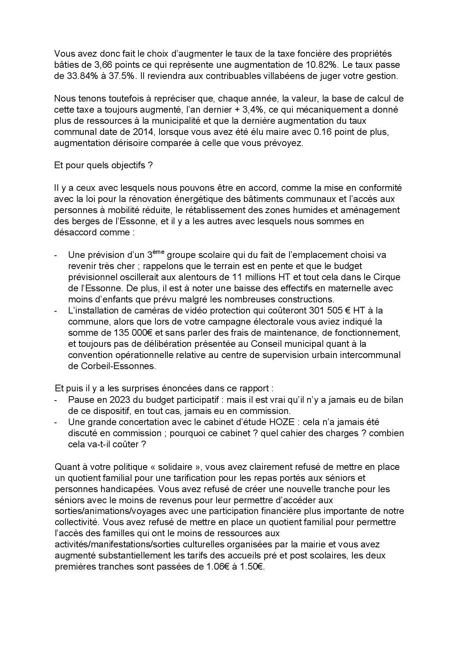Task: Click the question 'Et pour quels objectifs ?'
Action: pyautogui.click(x=103, y=165)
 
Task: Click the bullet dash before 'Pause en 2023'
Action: pyautogui.click(x=56, y=400)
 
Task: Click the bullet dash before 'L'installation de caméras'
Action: pyautogui.click(x=56, y=311)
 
